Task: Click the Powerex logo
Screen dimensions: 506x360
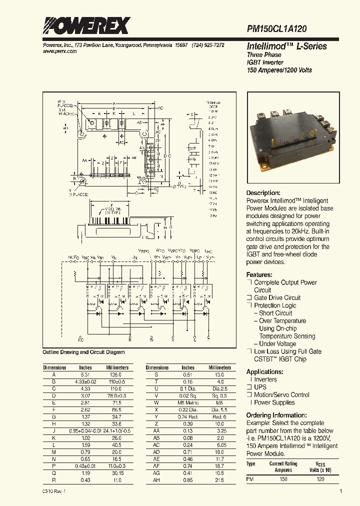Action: (86, 25)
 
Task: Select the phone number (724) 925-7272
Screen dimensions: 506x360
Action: (207, 45)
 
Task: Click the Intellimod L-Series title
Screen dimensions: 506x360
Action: (286, 46)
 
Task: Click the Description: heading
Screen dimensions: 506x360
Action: (263, 193)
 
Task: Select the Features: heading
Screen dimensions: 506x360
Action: (259, 274)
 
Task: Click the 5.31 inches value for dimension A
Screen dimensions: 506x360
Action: (85, 374)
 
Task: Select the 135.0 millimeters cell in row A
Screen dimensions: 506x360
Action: (117, 374)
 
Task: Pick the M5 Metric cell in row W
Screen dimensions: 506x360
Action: (188, 402)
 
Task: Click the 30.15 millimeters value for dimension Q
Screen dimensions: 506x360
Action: (117, 472)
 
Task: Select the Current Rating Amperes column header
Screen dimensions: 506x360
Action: (283, 466)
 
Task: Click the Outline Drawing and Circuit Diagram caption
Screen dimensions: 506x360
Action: (83, 352)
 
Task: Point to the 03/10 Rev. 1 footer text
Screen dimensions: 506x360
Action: (54, 492)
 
